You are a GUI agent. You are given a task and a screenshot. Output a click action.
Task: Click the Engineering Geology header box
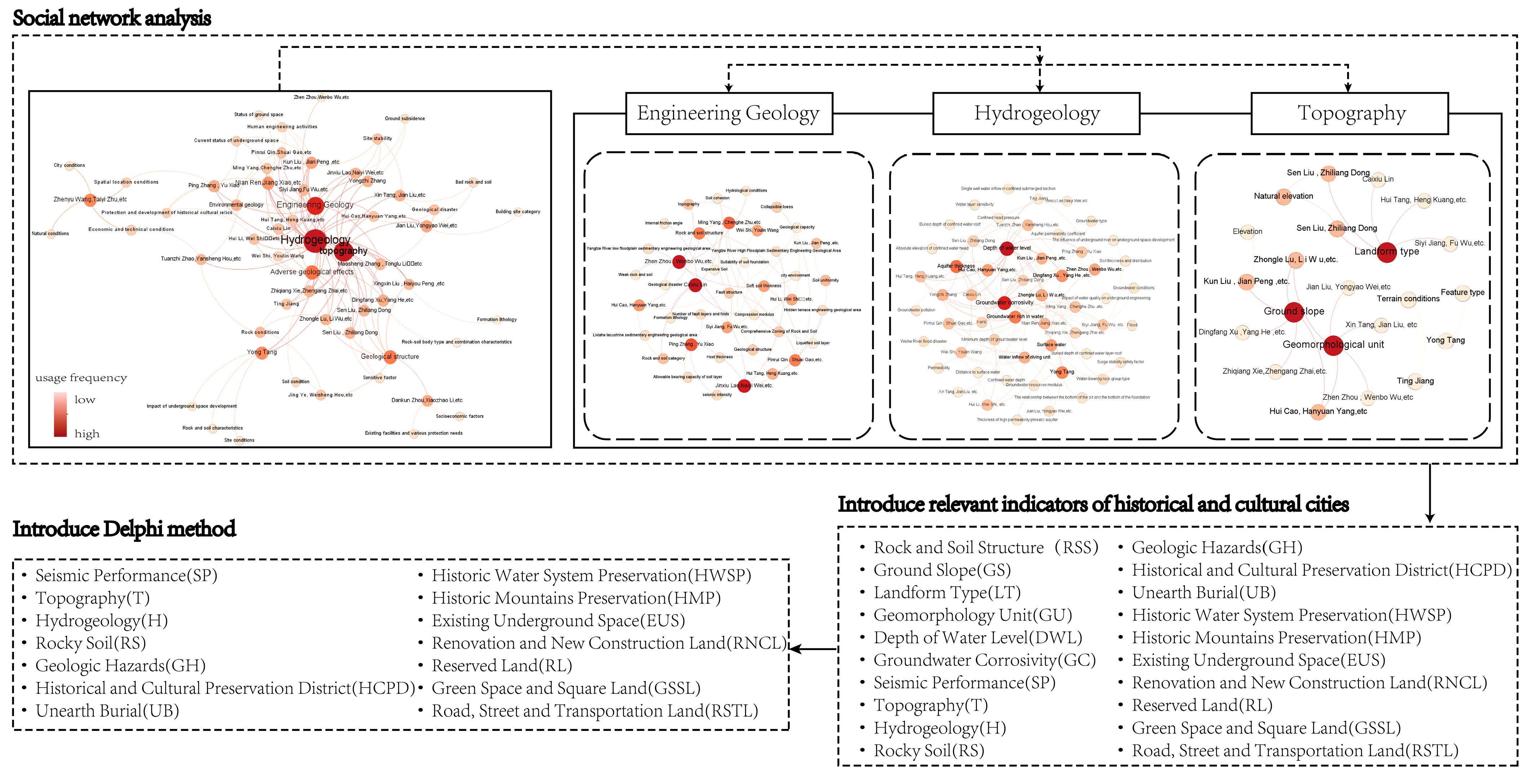click(729, 113)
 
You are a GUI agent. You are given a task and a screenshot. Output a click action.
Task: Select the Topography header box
click(1349, 113)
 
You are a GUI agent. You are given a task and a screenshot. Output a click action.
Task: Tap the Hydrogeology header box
click(1036, 113)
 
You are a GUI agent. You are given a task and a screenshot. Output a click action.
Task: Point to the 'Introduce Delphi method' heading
click(124, 529)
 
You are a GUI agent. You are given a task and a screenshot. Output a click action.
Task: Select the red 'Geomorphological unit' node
click(1333, 345)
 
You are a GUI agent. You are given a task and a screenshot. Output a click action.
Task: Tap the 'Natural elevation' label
click(1283, 196)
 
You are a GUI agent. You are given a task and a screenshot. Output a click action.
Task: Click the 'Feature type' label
click(1462, 292)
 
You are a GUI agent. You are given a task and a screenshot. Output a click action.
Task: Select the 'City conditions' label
click(69, 165)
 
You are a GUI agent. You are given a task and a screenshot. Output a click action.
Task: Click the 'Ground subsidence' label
click(405, 119)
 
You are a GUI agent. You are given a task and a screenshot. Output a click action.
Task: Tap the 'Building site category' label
click(518, 212)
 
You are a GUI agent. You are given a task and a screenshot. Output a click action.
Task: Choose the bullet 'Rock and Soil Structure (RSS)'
click(985, 548)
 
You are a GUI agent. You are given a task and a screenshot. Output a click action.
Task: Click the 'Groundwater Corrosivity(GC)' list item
click(984, 660)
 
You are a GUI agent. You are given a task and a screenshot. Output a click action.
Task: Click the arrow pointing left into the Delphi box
click(797, 649)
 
